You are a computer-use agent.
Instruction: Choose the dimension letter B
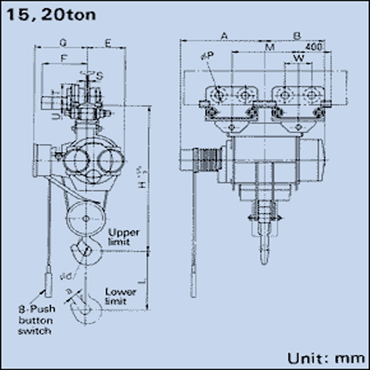click(297, 36)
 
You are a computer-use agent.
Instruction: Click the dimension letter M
click(269, 46)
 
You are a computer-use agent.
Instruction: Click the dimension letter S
click(99, 76)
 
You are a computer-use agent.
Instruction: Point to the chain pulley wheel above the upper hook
click(86, 219)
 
